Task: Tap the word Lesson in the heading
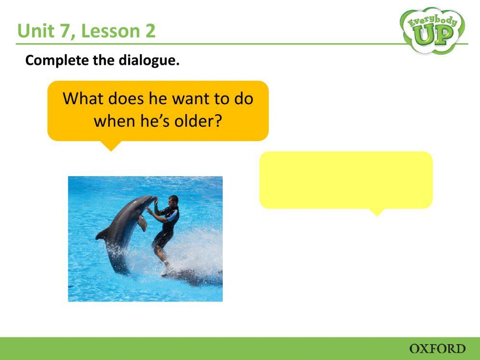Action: (104, 32)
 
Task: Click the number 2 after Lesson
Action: (150, 32)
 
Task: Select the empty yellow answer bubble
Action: (346, 180)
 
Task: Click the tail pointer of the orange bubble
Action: (111, 146)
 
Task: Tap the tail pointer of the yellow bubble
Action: (378, 212)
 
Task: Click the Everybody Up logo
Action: (432, 30)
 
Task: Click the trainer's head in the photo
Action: (173, 200)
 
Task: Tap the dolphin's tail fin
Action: (102, 235)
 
